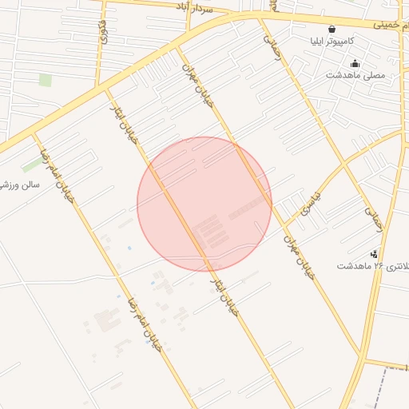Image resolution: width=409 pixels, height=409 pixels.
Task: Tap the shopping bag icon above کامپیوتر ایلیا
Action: coord(332,29)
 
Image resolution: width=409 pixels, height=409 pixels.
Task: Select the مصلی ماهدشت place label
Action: coord(355,75)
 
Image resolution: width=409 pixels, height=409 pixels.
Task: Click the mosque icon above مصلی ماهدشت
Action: coord(355,63)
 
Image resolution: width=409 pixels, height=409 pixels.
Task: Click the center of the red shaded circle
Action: coord(204,204)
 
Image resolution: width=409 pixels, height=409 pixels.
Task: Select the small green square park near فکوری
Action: coord(46,80)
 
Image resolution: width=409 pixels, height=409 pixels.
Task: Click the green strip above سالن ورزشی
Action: coord(34,164)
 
